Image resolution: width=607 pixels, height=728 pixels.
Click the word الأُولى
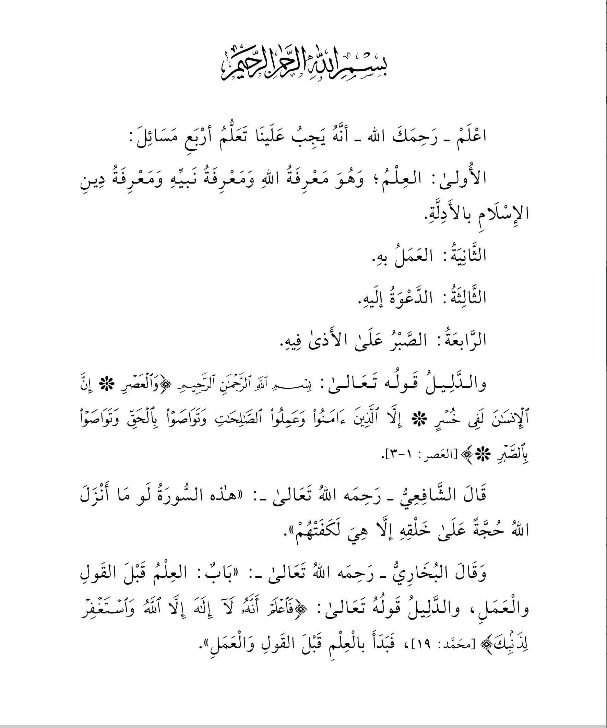coord(464,178)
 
